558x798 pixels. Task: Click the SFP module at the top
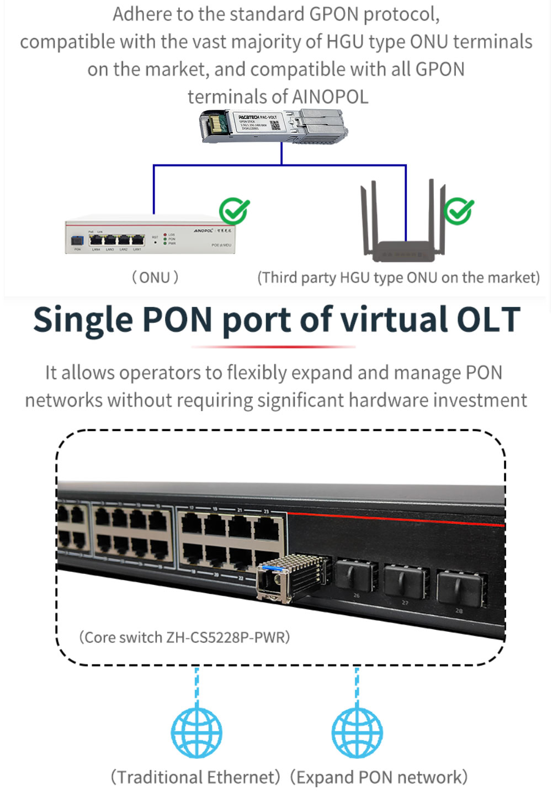coord(274,126)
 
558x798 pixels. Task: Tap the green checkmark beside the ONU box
coord(234,210)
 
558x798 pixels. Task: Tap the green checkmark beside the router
coord(459,211)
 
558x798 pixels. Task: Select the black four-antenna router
coord(403,232)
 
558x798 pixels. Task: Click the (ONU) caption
coord(155,277)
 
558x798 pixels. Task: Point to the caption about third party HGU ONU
coord(398,277)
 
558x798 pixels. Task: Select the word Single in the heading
coord(84,320)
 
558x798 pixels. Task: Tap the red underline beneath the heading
coord(273,347)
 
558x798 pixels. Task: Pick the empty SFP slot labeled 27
coord(407,581)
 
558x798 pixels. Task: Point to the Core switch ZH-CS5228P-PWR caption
coord(184,637)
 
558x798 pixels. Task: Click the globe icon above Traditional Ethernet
coord(196,733)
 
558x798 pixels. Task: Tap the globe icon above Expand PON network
coord(357,733)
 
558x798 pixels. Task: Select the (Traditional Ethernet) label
coord(196,777)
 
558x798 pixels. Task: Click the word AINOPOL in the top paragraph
coord(330,97)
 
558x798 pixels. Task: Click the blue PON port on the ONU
coord(77,240)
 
